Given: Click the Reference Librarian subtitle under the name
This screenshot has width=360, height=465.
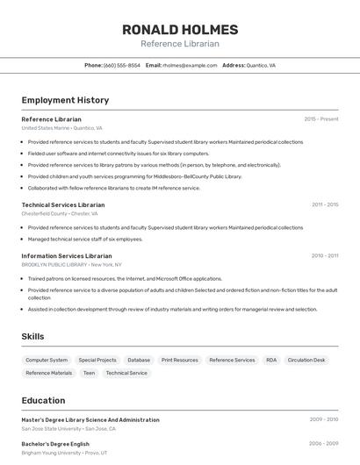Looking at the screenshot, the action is [x=180, y=43].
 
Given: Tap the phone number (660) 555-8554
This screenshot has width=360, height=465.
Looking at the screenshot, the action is [x=121, y=65].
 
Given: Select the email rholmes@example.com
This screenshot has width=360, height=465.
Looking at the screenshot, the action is [x=190, y=65].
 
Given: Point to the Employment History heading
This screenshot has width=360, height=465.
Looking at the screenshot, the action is [x=65, y=100].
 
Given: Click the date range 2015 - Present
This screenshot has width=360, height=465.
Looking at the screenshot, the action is [x=320, y=119].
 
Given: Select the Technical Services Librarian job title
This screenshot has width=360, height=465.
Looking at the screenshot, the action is [x=63, y=204].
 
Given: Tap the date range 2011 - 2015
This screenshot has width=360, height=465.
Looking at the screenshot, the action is [x=324, y=204].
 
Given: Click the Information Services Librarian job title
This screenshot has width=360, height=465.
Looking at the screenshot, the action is [x=66, y=255].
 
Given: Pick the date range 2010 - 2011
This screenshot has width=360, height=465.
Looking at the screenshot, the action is [x=324, y=255].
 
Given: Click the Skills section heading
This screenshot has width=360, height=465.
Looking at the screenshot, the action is [x=33, y=336].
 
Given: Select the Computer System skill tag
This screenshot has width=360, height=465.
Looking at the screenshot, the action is [x=47, y=360].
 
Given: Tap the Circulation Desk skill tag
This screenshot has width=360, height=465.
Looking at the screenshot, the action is [x=306, y=360].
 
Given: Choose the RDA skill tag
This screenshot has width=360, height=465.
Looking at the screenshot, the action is [x=271, y=360].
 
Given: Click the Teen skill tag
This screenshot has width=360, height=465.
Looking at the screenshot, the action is [x=89, y=373].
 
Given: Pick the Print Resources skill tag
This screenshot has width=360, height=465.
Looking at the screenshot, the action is [x=179, y=360].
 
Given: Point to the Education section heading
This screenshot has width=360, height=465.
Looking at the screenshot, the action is [x=43, y=400].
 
